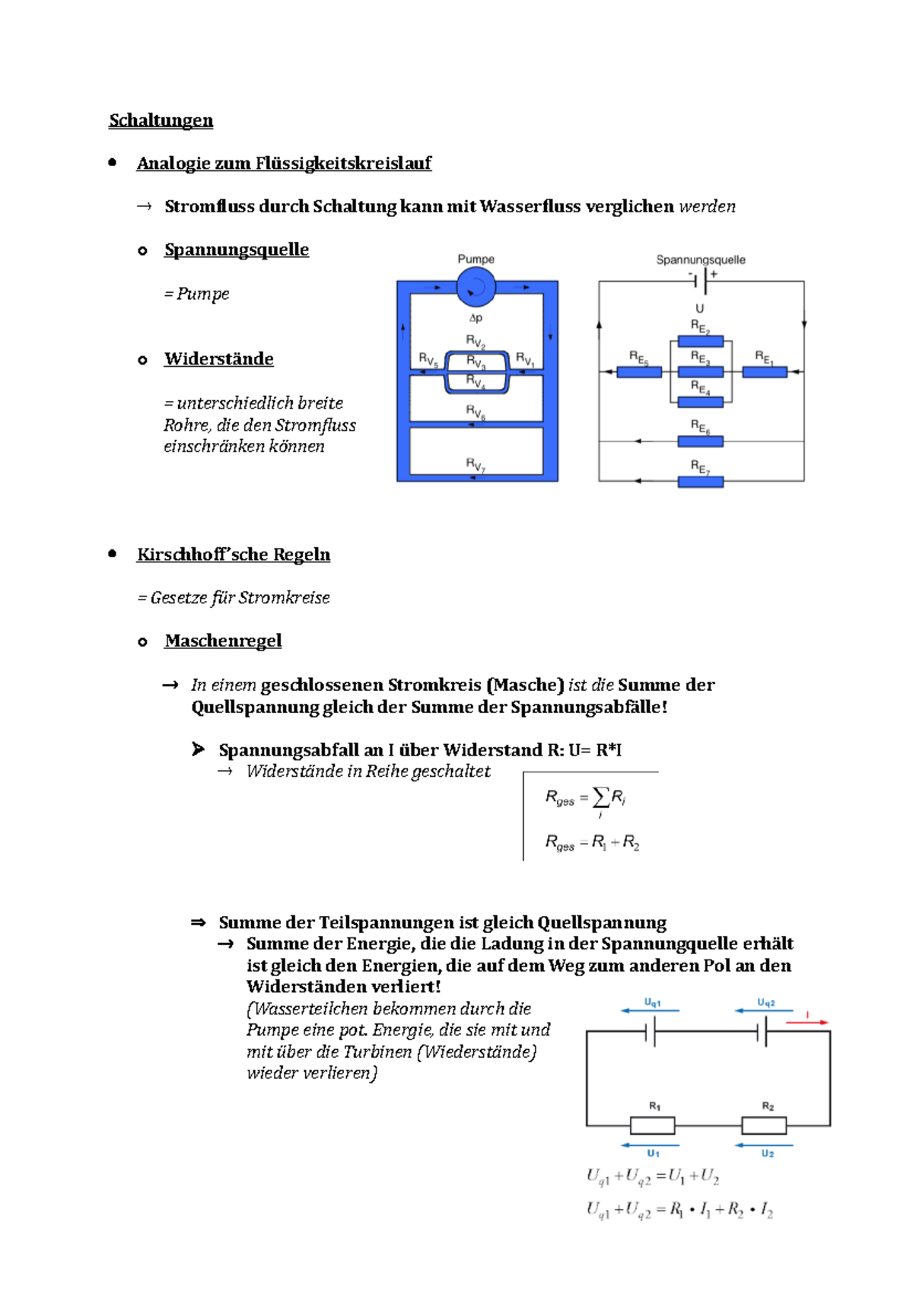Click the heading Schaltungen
click(161, 120)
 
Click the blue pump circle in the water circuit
click(476, 287)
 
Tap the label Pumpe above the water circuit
click(476, 259)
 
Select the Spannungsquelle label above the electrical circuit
click(701, 260)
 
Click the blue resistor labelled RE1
click(765, 372)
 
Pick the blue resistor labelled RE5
click(639, 372)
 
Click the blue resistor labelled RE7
click(700, 482)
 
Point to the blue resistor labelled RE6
click(700, 441)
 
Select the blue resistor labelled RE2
click(700, 342)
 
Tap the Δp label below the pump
click(476, 318)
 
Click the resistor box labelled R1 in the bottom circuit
click(652, 1125)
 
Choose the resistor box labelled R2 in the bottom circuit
click(764, 1125)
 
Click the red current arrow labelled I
click(806, 1022)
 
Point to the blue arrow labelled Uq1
click(650, 1010)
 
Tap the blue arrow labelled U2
click(764, 1144)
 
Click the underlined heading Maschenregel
click(223, 641)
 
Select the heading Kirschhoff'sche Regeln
click(234, 554)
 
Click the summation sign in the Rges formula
click(601, 797)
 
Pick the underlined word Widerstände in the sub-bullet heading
click(219, 359)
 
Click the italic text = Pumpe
click(196, 294)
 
